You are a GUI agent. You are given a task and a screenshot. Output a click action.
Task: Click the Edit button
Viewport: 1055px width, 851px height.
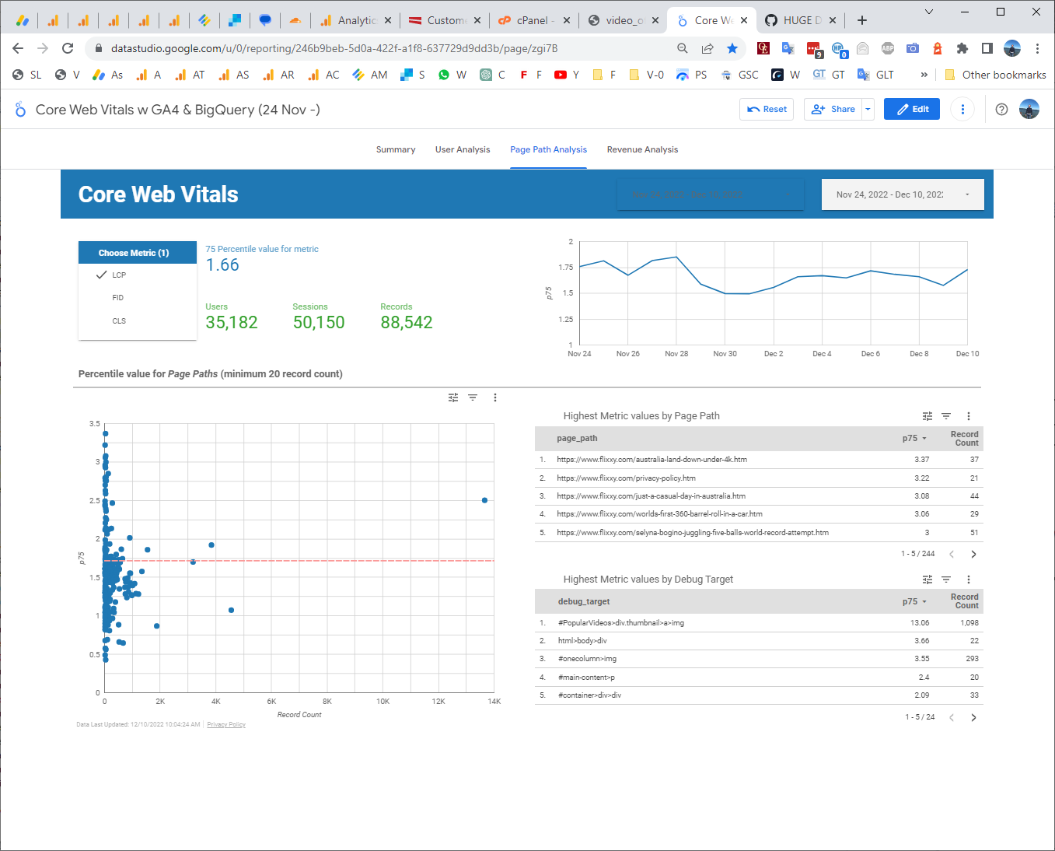pos(912,109)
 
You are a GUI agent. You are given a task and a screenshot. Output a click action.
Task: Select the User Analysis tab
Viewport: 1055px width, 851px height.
pos(463,149)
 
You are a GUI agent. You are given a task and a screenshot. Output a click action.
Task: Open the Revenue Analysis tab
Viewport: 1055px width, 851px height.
pos(642,149)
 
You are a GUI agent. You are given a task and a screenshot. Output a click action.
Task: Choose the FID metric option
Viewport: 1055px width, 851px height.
pos(118,298)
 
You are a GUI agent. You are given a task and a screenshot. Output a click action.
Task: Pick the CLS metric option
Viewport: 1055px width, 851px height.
pos(119,320)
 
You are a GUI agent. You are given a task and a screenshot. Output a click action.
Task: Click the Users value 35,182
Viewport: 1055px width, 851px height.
pos(232,323)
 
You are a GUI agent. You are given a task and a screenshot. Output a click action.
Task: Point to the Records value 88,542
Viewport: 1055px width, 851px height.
pos(407,323)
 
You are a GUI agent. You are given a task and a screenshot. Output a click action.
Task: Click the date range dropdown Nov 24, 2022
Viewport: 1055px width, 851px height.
pos(902,194)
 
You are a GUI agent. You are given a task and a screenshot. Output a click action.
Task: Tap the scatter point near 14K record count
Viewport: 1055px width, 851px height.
pos(484,500)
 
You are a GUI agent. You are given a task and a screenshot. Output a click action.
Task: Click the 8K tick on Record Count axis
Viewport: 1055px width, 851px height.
pos(327,702)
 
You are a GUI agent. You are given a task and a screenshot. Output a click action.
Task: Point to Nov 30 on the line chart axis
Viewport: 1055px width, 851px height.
pos(725,354)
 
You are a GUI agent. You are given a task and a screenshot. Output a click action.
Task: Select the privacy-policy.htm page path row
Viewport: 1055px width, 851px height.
pos(626,478)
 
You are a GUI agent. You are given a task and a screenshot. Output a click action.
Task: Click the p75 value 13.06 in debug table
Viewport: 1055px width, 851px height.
pos(920,622)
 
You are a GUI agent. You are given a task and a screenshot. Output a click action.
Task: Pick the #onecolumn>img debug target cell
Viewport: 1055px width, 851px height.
pos(587,659)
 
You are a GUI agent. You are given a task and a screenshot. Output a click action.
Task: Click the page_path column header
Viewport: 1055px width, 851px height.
pos(577,438)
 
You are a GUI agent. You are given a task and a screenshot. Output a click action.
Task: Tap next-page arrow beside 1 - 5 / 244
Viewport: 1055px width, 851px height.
pos(973,554)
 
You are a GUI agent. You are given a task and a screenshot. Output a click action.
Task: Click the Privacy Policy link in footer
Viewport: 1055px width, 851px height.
pos(226,724)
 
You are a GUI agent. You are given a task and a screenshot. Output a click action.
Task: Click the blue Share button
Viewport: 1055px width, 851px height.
pos(834,109)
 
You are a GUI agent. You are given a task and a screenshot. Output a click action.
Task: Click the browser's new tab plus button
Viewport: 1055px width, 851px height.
pos(861,20)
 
